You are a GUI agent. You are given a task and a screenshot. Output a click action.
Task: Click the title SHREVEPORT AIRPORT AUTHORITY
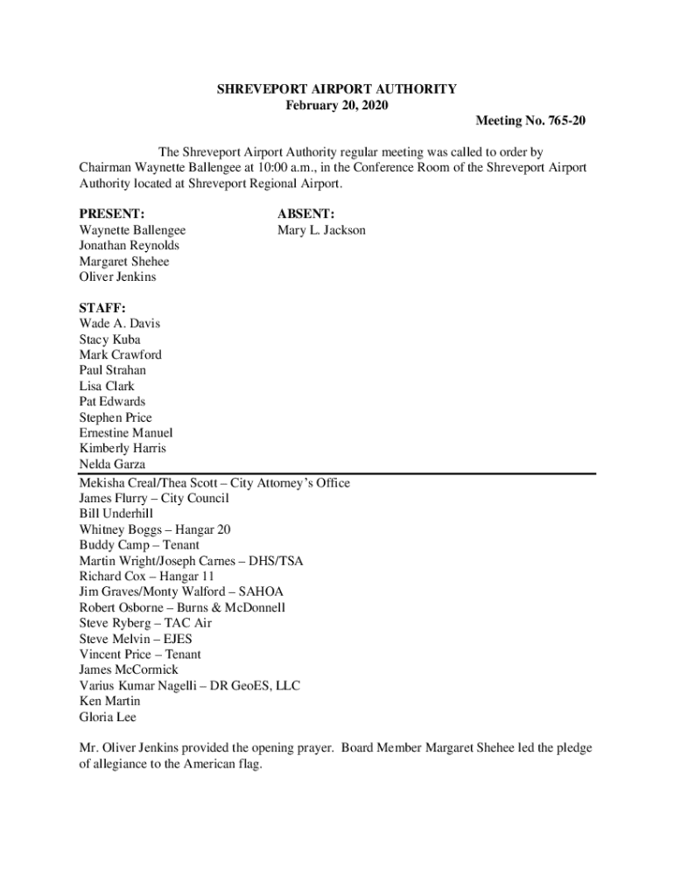tap(337, 89)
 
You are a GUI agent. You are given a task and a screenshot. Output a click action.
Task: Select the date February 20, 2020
tap(337, 105)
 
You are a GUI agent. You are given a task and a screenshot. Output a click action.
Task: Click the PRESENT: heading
tap(112, 214)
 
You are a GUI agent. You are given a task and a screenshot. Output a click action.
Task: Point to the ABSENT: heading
tap(305, 214)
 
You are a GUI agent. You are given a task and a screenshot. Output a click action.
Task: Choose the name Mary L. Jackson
tap(321, 230)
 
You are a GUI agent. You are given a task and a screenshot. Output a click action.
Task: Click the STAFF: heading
tap(102, 308)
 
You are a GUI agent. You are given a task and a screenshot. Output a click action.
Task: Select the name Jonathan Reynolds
tap(129, 246)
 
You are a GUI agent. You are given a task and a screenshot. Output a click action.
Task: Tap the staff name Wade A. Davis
tap(120, 324)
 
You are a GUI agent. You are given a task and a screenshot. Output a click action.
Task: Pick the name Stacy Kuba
tap(109, 339)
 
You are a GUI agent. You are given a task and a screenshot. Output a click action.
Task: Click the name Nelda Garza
tap(112, 465)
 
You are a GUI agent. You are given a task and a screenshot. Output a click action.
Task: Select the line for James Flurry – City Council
tap(154, 499)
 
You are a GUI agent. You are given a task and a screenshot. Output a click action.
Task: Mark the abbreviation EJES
tap(173, 639)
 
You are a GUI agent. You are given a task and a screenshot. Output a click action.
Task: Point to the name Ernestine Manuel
tap(126, 433)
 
